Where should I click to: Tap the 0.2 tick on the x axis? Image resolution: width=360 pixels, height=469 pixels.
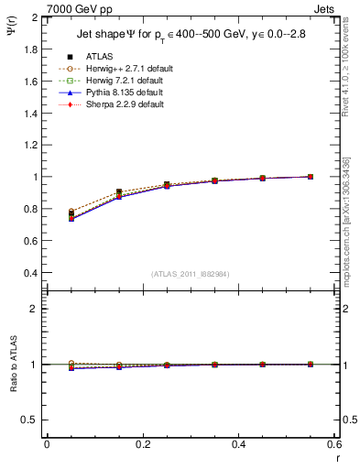(x=142, y=444)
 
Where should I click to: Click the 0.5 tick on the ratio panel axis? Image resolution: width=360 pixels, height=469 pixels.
(x=30, y=420)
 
